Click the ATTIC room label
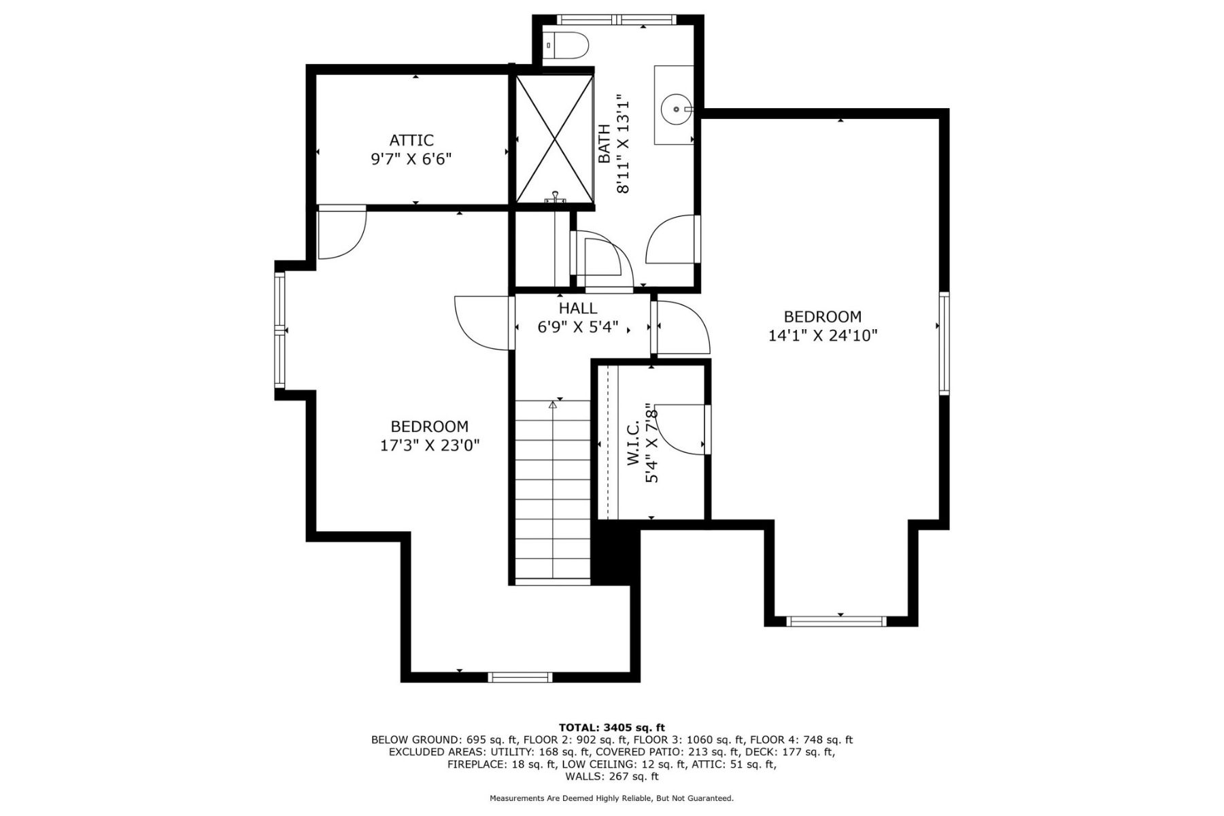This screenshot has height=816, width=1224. (411, 140)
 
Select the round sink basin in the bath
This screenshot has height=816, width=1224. (675, 108)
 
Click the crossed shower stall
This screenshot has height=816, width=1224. (555, 139)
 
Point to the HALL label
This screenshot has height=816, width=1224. (578, 309)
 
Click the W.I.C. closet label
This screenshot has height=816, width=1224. (632, 443)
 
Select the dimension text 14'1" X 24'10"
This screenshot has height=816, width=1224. (823, 335)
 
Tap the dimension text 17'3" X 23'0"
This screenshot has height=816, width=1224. (430, 445)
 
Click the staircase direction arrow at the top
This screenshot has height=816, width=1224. (553, 405)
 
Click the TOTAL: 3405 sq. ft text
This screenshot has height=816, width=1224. (611, 727)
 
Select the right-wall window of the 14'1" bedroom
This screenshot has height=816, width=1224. (944, 343)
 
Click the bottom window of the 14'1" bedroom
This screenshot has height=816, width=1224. (836, 621)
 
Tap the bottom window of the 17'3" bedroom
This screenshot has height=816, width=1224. (521, 677)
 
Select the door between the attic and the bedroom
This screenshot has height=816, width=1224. (341, 233)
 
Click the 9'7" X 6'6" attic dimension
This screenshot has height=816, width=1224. (411, 159)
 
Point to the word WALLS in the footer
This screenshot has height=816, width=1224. (599, 776)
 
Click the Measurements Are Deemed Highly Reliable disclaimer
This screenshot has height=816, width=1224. (611, 798)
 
